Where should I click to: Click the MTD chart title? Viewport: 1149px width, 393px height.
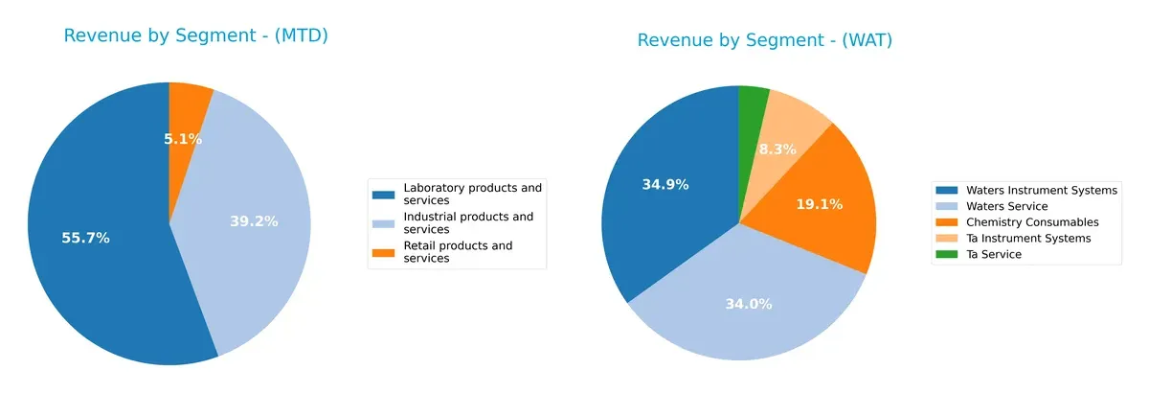pos(196,35)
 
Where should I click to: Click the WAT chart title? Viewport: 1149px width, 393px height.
pos(765,40)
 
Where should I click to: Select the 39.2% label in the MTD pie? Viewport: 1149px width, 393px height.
pos(254,221)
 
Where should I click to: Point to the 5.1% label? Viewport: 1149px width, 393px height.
pos(183,139)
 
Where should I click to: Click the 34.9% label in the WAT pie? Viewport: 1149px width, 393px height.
pos(665,185)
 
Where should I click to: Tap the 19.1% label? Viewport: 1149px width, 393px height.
pos(820,204)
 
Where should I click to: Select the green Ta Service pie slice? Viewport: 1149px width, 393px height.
pos(752,103)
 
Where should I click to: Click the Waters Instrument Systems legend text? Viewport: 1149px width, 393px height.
pos(1042,191)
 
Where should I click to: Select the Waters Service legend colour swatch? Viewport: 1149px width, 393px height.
pos(949,206)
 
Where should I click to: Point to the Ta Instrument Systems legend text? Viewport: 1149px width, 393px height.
pos(1028,239)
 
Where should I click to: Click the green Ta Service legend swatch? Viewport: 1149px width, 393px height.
pos(949,255)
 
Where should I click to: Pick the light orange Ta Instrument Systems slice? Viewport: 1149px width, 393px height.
pos(794,120)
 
